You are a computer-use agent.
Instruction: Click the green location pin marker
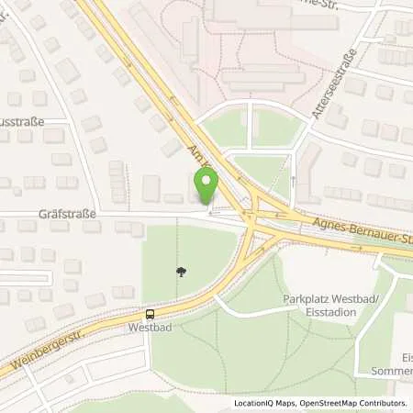pyautogui.click(x=206, y=187)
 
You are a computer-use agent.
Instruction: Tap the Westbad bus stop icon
pyautogui.click(x=150, y=312)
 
